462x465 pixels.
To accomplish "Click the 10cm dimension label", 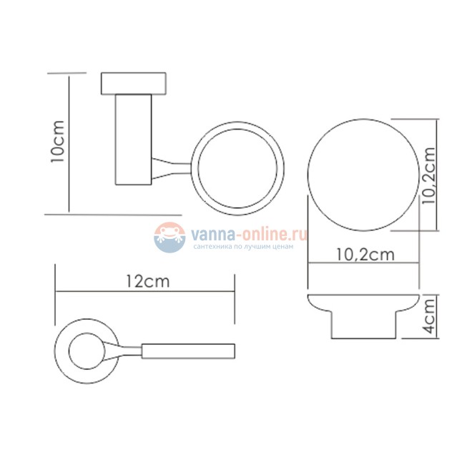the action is click(x=57, y=141).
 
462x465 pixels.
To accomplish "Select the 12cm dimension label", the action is click(x=147, y=281).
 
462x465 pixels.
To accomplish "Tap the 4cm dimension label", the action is click(x=429, y=316).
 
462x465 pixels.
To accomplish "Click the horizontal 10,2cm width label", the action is click(x=365, y=255).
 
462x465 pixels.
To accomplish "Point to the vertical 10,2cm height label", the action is click(x=429, y=175).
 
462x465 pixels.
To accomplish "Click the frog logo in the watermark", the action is click(x=169, y=238).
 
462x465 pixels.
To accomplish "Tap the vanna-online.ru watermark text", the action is click(x=249, y=234).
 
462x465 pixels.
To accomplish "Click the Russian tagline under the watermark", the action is click(x=243, y=246).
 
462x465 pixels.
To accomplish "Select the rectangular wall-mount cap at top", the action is click(x=134, y=84).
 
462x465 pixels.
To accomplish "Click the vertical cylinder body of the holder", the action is click(x=134, y=139).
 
